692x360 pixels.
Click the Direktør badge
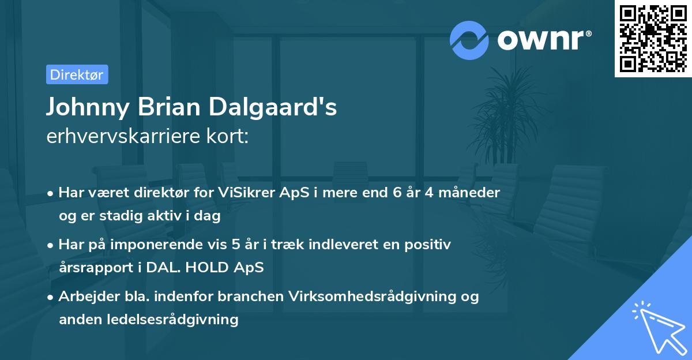[x=77, y=75]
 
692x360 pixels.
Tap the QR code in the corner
[x=653, y=38]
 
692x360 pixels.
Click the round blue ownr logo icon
[x=469, y=40]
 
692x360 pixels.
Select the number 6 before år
[x=397, y=193]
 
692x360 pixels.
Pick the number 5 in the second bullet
[x=236, y=245]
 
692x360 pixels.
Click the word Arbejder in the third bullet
[x=84, y=297]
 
